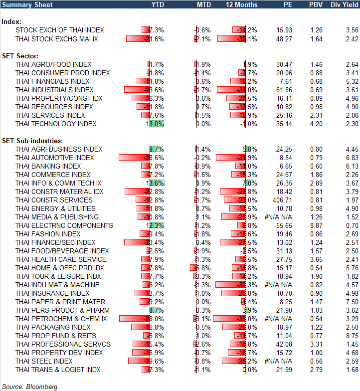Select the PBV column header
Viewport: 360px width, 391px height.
[316, 4]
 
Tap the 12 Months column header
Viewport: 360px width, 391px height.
[242, 4]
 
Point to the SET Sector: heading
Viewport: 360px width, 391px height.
[20, 56]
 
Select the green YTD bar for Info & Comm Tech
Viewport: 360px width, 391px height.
[156, 183]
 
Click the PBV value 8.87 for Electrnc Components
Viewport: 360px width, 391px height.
[316, 225]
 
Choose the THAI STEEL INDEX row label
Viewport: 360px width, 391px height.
[44, 361]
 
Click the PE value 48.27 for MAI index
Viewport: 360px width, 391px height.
[285, 38]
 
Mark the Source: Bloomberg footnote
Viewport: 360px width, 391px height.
[30, 387]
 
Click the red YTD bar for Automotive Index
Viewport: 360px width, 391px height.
[134, 158]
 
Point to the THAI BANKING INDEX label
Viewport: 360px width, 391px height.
[48, 166]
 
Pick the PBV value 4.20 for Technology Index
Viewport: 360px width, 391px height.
[316, 124]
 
